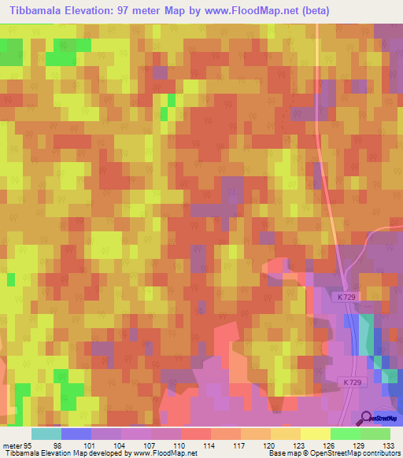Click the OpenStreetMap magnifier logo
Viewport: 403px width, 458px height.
coord(366,418)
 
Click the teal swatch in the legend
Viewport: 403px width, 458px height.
coord(46,434)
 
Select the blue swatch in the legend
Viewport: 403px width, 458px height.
coord(76,434)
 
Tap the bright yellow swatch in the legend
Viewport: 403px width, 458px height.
coord(316,434)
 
